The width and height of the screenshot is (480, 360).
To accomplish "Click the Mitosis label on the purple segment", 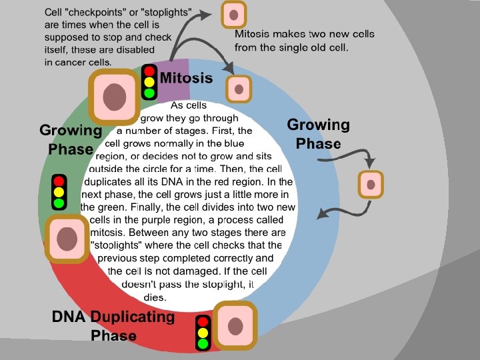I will pos(186,79).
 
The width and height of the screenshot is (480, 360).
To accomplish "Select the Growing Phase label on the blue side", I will pos(318,134).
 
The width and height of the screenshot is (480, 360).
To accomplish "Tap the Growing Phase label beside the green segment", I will pos(70,139).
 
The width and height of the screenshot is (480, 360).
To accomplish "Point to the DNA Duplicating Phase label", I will pos(113,326).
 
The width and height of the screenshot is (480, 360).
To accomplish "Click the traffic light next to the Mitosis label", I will pos(149,82).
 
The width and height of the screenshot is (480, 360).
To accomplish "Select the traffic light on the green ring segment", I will pos(59,191).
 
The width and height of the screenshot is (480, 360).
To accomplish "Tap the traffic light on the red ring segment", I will pos(203,333).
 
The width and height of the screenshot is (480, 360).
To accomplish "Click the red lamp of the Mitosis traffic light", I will pos(149,71).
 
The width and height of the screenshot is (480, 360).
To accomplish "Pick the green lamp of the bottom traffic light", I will pos(203,344).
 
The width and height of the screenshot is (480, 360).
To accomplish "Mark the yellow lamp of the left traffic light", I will pos(59,191).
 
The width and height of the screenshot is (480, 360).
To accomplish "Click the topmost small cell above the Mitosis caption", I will pos(233,15).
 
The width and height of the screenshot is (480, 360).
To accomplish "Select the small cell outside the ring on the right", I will pos(371,185).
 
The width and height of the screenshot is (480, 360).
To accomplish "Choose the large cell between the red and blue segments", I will pos(235,326).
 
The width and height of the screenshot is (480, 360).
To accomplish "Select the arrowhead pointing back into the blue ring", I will pos(321,215).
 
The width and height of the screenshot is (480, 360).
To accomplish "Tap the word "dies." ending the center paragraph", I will pos(155,297).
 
